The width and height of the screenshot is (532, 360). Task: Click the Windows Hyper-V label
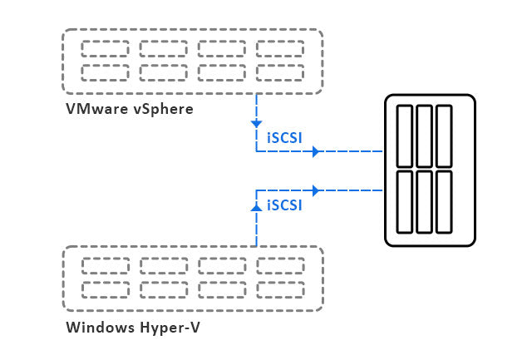coord(133,327)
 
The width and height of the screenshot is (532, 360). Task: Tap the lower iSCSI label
coord(284,203)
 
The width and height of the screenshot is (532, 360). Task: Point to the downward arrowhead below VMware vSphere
coord(256,123)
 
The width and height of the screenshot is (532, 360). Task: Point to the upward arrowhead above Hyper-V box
coord(256,204)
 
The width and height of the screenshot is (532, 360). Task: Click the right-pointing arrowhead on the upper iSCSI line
coord(316,152)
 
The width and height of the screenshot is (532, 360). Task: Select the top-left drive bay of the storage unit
coord(406,135)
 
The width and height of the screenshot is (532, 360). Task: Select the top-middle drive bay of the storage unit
coord(425,135)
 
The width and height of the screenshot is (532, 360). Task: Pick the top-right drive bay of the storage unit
coord(443,135)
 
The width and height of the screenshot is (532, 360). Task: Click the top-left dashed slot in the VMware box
coord(105,48)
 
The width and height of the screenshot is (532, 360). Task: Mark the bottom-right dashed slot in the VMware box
coord(280,71)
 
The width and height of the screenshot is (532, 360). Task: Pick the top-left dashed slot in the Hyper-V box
coord(105,265)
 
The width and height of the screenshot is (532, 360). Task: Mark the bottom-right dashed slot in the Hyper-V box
coord(280,288)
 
